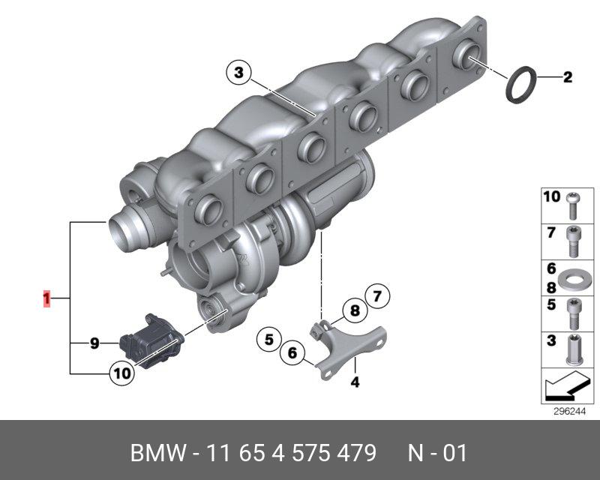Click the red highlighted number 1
pyautogui.click(x=46, y=298)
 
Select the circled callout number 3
pyautogui.click(x=238, y=73)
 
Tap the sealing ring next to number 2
pyautogui.click(x=521, y=85)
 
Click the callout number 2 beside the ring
pyautogui.click(x=568, y=77)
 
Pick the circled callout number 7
pyautogui.click(x=377, y=297)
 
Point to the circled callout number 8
pyautogui.click(x=355, y=310)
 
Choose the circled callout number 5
pyautogui.click(x=269, y=340)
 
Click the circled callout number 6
pyautogui.click(x=292, y=353)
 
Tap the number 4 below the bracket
pyautogui.click(x=355, y=382)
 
